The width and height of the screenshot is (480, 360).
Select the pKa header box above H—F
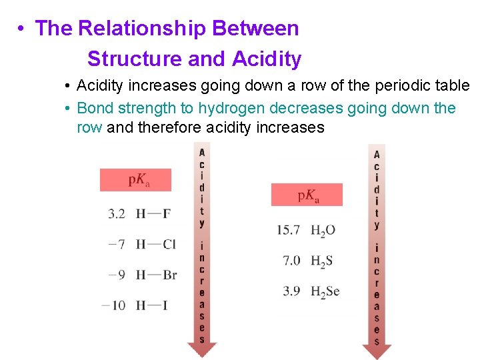click(x=135, y=180)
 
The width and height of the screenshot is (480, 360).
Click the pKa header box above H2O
click(x=307, y=195)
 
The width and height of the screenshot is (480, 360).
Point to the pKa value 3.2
click(x=117, y=214)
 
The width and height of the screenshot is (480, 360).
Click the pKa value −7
click(x=117, y=244)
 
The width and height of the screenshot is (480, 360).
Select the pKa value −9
click(x=117, y=275)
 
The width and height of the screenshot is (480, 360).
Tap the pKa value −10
click(x=114, y=305)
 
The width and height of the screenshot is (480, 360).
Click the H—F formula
click(x=153, y=214)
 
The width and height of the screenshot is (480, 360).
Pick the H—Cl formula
click(x=155, y=244)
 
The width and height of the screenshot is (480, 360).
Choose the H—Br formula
click(x=156, y=275)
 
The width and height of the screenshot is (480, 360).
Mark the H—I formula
click(x=151, y=305)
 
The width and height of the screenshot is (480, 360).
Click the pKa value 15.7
click(x=288, y=230)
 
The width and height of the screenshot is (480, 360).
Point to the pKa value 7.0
click(x=292, y=261)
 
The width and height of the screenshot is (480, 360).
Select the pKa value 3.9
click(x=292, y=291)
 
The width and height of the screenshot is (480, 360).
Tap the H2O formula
click(x=323, y=231)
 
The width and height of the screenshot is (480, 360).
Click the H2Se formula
click(x=325, y=292)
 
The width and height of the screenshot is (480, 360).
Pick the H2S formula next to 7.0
click(x=321, y=261)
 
